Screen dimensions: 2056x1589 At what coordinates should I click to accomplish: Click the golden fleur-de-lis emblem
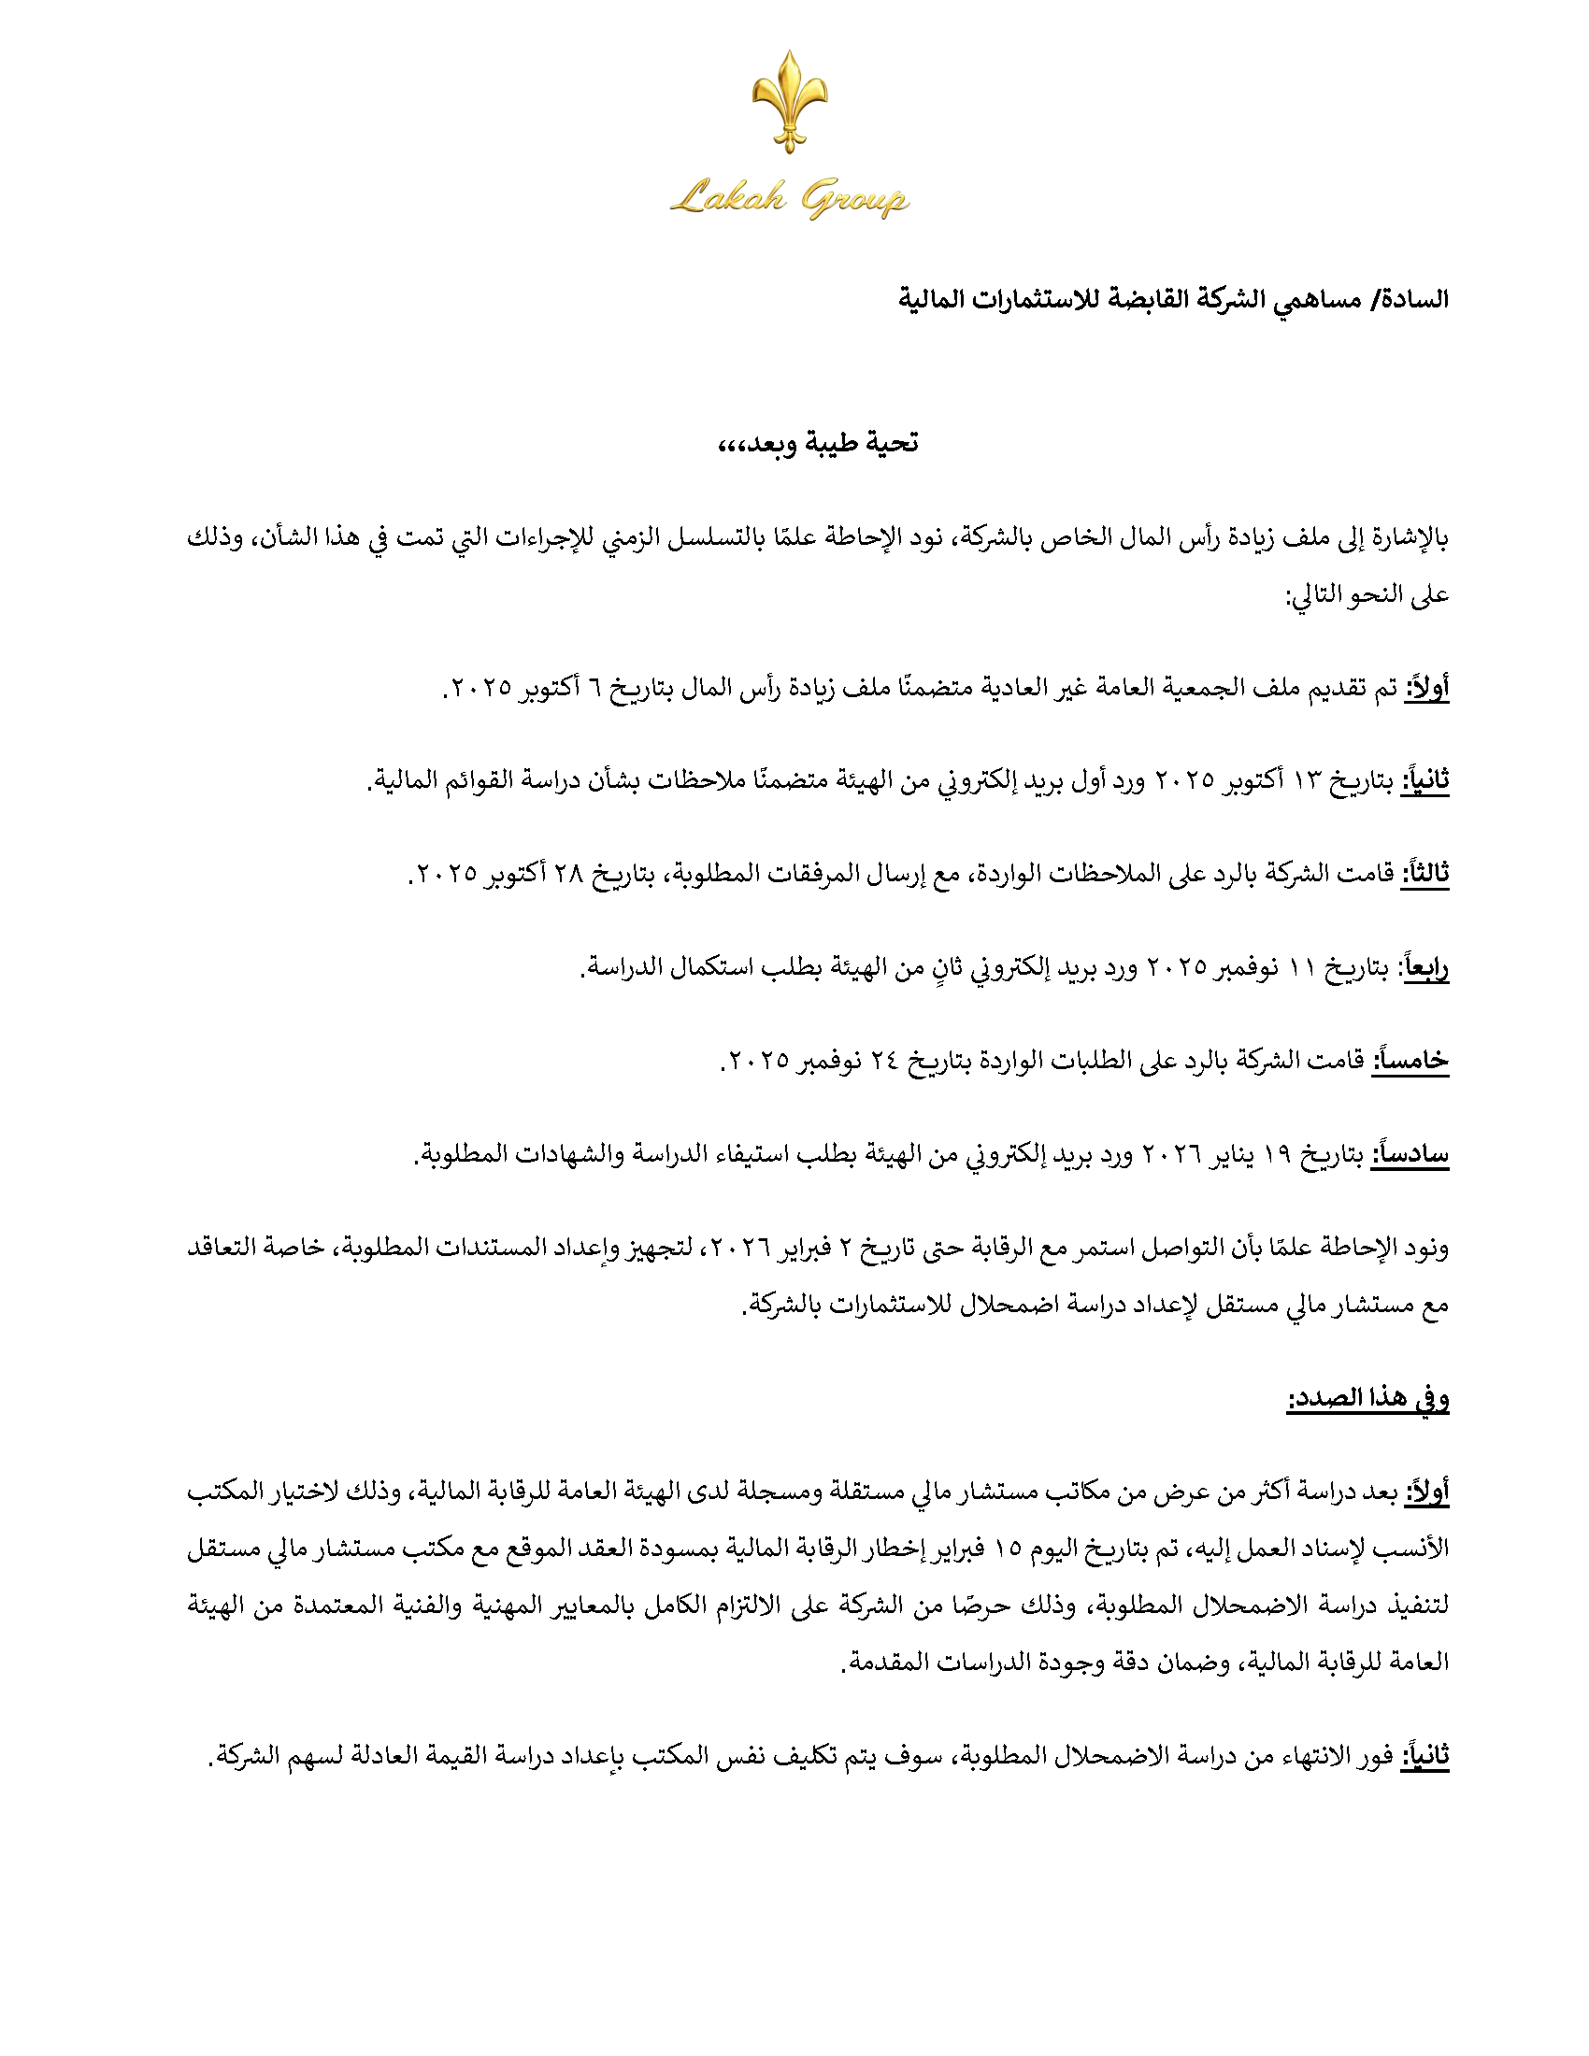coord(789,101)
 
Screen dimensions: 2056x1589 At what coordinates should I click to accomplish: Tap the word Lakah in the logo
coord(727,198)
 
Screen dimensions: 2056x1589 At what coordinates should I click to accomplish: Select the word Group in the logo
coord(853,199)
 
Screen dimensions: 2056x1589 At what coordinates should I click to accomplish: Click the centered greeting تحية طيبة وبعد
coord(817,443)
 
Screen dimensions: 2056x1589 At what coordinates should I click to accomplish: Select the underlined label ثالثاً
coord(1425,874)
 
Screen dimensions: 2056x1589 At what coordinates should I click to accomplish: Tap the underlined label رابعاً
coord(1425,968)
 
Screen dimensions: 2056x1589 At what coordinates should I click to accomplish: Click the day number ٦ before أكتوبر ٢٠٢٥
coord(594,688)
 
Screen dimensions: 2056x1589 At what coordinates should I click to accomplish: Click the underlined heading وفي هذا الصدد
coord(1367,1400)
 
